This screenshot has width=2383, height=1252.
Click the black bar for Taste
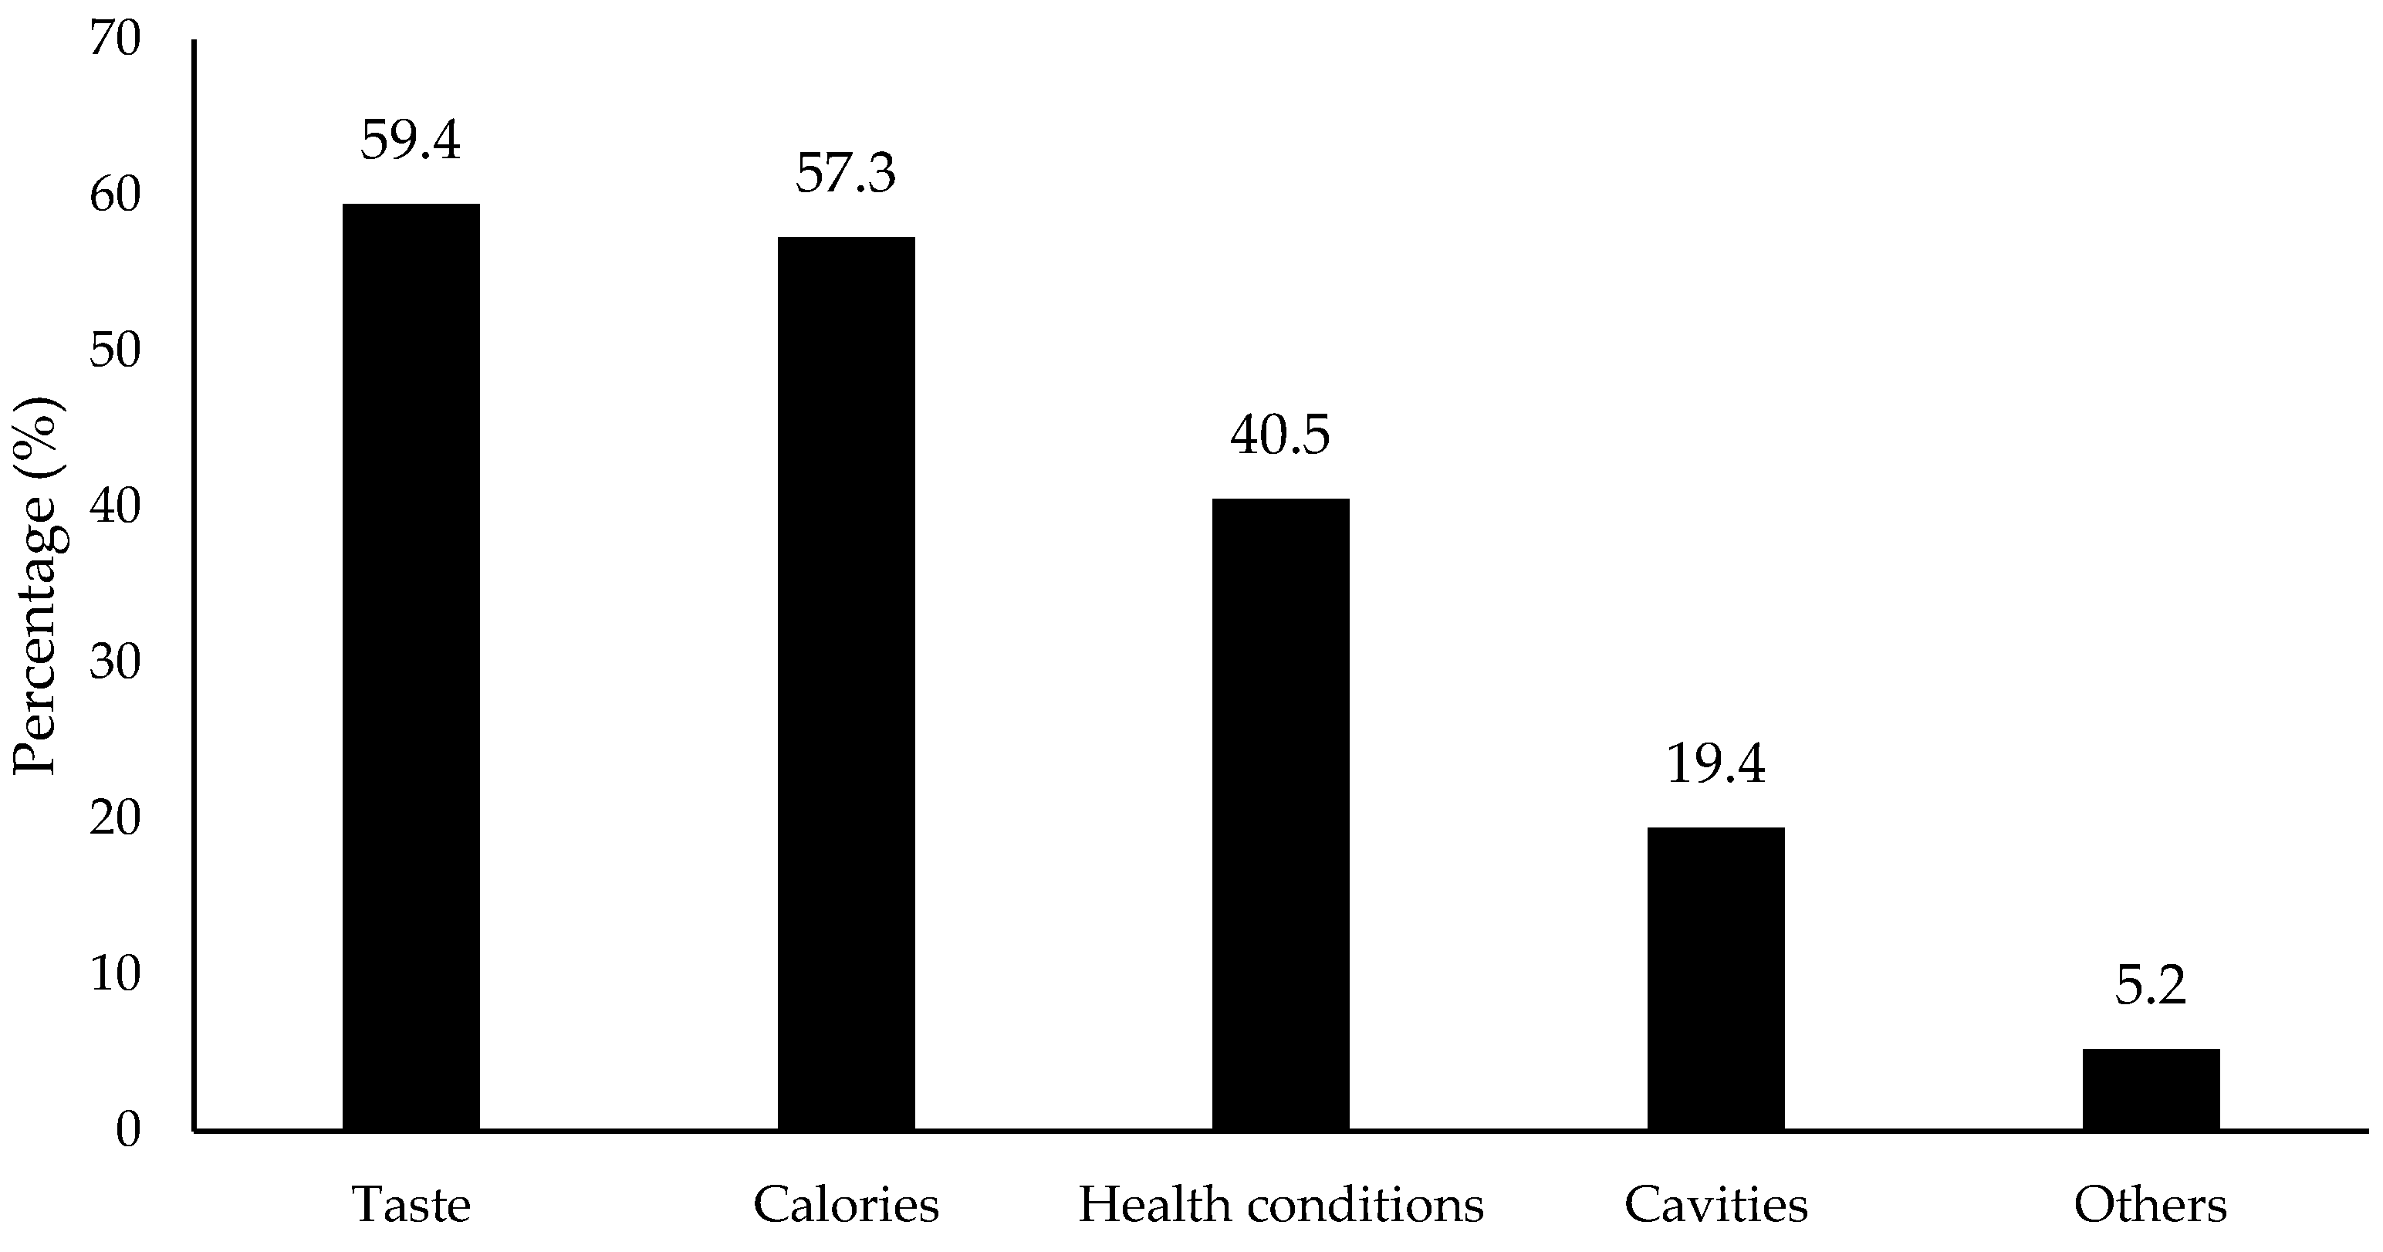coord(411,666)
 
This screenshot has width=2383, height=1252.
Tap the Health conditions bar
coord(1280,814)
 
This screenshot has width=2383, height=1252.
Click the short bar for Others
coord(2151,1089)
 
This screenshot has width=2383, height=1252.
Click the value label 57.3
coord(846,174)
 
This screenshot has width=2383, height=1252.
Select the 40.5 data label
coord(1279,436)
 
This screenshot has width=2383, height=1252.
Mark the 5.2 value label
coord(2150,986)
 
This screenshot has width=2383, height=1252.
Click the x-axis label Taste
coord(411,1206)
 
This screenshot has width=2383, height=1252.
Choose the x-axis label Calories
coord(846,1206)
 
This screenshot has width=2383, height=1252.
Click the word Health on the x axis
coord(1141,1206)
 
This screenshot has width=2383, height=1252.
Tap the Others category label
coord(2150,1206)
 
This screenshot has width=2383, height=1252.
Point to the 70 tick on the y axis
coord(115,41)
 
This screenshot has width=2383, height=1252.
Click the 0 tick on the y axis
coord(127,1130)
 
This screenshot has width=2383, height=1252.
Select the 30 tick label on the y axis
coord(115,662)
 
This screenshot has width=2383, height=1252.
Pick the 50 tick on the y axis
coord(115,352)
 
